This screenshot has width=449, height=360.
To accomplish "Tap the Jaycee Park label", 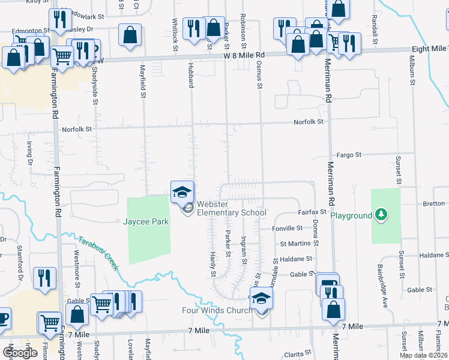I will click(146, 221).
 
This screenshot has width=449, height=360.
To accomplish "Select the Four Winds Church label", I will click(217, 310).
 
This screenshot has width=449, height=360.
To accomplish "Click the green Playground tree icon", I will click(379, 214).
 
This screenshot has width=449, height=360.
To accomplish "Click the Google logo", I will click(20, 352).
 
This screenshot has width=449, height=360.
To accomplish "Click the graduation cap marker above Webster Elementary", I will click(182, 192).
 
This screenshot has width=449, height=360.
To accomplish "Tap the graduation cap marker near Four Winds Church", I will click(261, 298).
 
